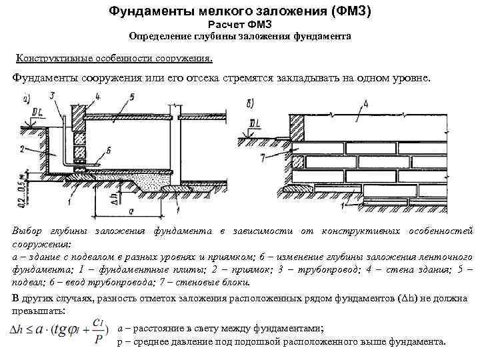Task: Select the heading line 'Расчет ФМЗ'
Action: pos(240,25)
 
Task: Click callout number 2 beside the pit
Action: pos(22,147)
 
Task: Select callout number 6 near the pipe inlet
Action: pos(109,151)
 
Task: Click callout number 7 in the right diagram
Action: pos(263,157)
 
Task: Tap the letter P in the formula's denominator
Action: pos(99,339)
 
